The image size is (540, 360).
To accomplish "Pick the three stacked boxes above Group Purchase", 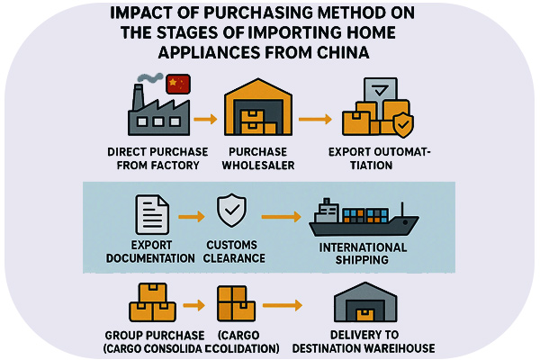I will pyautogui.click(x=151, y=302).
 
